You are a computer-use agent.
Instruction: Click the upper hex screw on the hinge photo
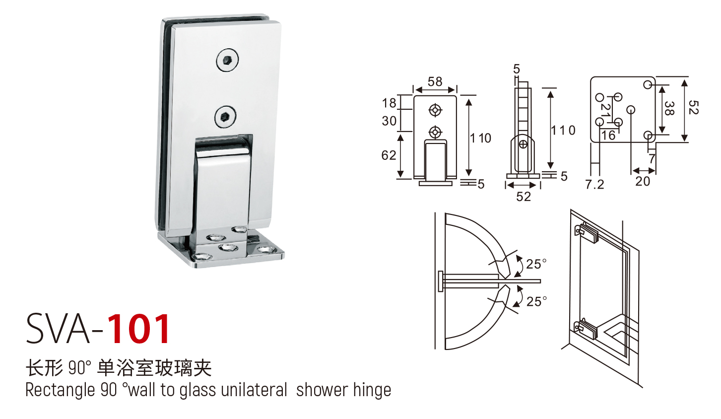(227, 60)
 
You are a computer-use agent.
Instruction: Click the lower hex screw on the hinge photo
(225, 117)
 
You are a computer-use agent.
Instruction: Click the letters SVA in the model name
(58, 329)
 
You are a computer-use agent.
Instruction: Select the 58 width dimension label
(435, 81)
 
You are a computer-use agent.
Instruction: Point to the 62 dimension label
(389, 155)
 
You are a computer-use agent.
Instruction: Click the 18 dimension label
(389, 103)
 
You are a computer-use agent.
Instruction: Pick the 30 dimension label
(389, 121)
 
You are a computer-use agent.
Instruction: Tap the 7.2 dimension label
(594, 184)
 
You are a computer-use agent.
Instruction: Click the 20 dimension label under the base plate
(643, 181)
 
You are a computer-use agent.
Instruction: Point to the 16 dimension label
(608, 135)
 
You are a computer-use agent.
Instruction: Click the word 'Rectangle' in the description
(60, 390)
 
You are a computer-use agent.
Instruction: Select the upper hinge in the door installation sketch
(587, 233)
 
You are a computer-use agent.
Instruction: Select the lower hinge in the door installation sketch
(586, 329)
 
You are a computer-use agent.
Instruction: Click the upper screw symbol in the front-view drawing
(435, 110)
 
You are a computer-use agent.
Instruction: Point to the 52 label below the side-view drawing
(524, 197)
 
